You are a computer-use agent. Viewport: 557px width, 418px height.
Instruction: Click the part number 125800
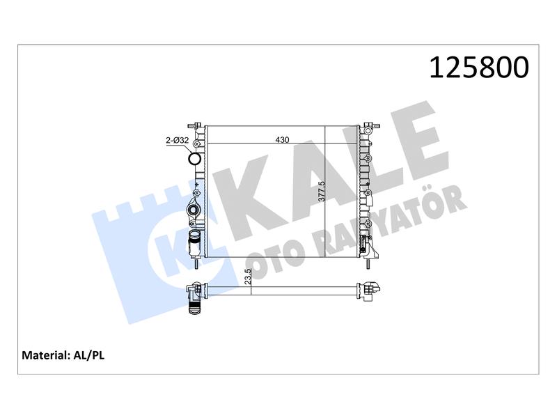coord(479,68)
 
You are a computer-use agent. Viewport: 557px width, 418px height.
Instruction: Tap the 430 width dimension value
coord(282,140)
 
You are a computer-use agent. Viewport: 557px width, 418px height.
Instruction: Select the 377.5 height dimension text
coord(321,191)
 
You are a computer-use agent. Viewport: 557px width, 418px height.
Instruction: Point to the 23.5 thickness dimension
coord(248,276)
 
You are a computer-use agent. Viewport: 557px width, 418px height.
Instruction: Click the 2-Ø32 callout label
coord(178,141)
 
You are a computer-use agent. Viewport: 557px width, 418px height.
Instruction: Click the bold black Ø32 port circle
coord(195,158)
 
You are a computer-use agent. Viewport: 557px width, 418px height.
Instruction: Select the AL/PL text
coord(88,355)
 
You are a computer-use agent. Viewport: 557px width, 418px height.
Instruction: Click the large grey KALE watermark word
coord(330,171)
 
